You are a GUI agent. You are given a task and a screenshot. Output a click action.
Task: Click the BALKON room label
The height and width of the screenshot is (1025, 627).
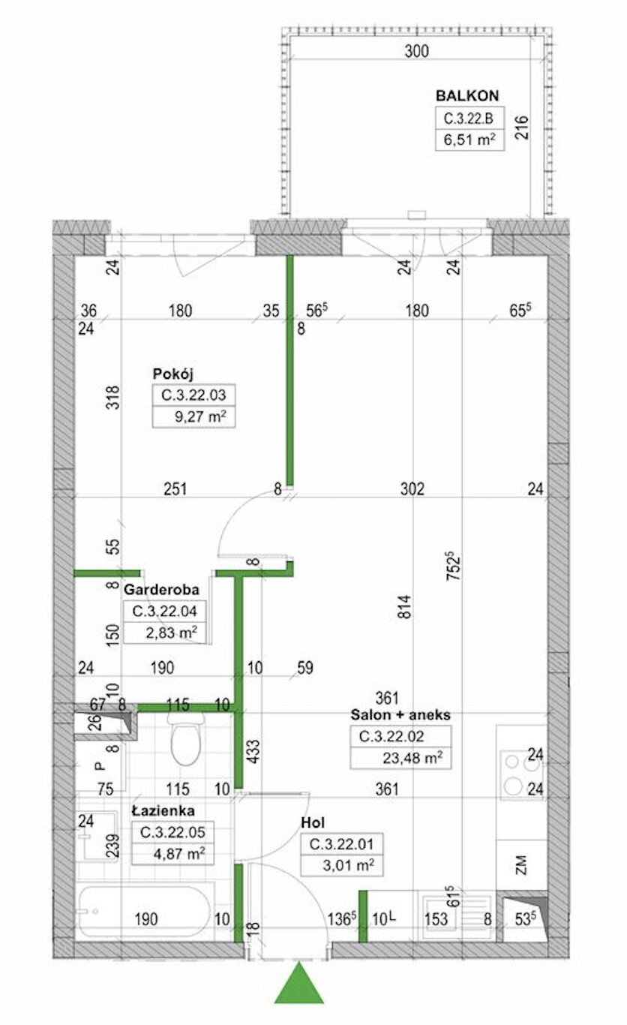(467, 95)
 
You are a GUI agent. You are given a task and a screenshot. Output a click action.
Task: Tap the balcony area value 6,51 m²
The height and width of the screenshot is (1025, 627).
(469, 139)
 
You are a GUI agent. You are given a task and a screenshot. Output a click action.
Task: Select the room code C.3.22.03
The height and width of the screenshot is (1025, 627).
(193, 395)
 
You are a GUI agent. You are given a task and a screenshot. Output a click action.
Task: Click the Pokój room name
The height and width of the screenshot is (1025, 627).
(172, 374)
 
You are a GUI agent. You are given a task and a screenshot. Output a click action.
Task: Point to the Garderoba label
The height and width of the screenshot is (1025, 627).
(161, 589)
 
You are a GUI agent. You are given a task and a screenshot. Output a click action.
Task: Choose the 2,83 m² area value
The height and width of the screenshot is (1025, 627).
(172, 633)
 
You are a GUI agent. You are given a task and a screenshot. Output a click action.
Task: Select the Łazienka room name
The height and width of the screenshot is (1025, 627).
(163, 811)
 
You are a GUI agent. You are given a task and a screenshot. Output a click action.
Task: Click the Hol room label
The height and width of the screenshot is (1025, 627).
(313, 822)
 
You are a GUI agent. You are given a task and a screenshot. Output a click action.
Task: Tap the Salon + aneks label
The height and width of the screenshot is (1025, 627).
(400, 714)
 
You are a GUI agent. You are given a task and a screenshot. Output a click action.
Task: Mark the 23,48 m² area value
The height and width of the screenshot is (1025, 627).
(412, 758)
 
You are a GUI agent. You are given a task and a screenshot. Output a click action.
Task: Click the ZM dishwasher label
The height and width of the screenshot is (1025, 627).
(521, 864)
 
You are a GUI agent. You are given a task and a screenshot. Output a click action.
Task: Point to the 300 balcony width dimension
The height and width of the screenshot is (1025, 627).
(417, 51)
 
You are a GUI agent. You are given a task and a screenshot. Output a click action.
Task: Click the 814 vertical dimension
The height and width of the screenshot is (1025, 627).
(405, 606)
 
